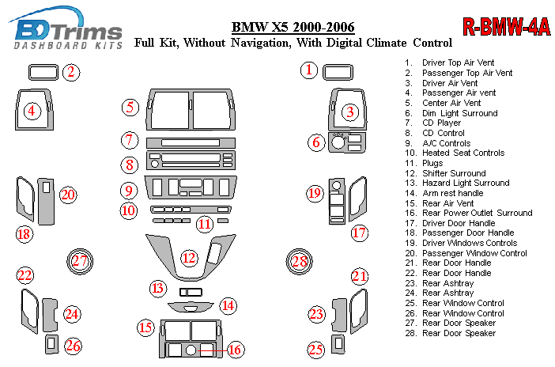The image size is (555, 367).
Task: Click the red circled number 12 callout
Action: (x=188, y=258)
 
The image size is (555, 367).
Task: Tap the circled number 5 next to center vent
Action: (x=130, y=108)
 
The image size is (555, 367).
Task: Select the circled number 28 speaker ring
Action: (x=298, y=262)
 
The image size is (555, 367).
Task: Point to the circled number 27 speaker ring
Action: (x=79, y=262)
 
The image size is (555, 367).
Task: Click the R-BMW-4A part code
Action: (x=506, y=28)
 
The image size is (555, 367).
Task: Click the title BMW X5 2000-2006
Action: (x=293, y=28)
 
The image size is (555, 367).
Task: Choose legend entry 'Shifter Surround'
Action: (x=454, y=173)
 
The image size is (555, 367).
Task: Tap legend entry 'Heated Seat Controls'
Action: (x=462, y=153)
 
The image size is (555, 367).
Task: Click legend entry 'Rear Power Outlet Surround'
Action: (x=477, y=213)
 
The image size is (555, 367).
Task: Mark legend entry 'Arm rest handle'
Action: (x=452, y=193)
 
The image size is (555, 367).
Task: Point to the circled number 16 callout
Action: (x=234, y=349)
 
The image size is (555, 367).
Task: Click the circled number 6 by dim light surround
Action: (x=316, y=143)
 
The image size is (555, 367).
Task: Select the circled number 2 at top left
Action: (x=71, y=74)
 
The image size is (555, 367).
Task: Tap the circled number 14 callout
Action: (x=228, y=305)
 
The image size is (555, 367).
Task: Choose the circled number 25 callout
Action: (x=316, y=349)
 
